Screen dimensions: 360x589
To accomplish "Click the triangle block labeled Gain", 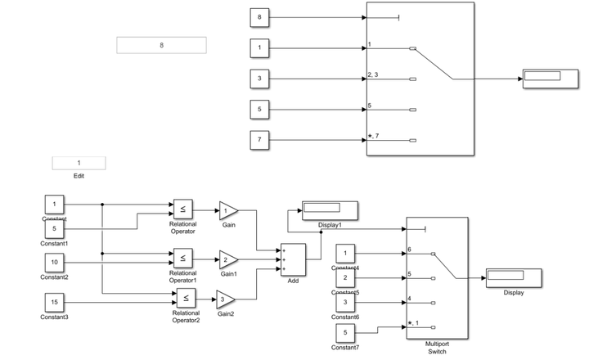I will (x=228, y=210).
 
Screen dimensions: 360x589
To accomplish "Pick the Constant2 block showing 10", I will (x=55, y=263).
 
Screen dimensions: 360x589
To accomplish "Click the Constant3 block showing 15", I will (x=55, y=302).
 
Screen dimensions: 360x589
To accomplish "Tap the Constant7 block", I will (x=345, y=333).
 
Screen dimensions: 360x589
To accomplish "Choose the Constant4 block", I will (x=345, y=254).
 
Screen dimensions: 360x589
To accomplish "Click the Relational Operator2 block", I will (x=186, y=299).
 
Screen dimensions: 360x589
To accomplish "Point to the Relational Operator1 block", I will (x=182, y=257).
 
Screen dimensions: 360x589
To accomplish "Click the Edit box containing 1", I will (x=79, y=163).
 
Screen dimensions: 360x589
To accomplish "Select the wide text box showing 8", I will (x=161, y=45).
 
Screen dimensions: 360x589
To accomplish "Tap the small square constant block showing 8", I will (x=259, y=17).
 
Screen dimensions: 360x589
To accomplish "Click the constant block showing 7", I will (x=259, y=140).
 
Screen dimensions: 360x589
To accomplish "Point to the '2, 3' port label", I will (x=373, y=75).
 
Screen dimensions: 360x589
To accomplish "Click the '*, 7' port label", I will (x=374, y=136).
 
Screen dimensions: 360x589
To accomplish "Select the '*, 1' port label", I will (x=413, y=323).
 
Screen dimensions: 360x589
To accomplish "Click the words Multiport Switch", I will (x=437, y=348).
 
